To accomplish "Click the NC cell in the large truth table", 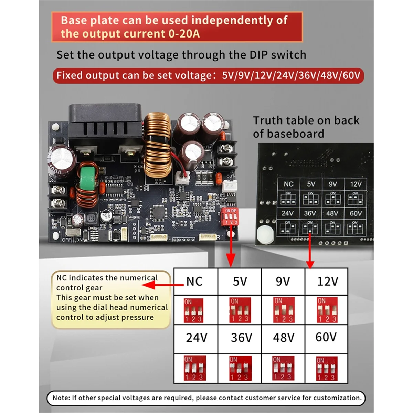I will pyautogui.click(x=194, y=282).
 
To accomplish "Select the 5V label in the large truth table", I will pyautogui.click(x=240, y=282).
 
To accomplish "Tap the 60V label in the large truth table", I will pyautogui.click(x=326, y=337).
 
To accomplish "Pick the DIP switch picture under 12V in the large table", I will pyautogui.click(x=327, y=310).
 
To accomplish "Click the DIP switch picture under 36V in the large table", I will pyautogui.click(x=240, y=368).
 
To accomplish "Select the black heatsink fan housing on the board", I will pyautogui.click(x=105, y=124).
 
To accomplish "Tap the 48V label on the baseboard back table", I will pyautogui.click(x=332, y=213).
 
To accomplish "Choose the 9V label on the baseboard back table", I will pyautogui.click(x=332, y=184).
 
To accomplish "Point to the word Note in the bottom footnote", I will pyautogui.click(x=61, y=398).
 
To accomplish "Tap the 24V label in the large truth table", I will pyautogui.click(x=197, y=338).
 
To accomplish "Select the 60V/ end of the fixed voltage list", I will pyautogui.click(x=351, y=75).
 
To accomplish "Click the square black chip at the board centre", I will pyautogui.click(x=158, y=213).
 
